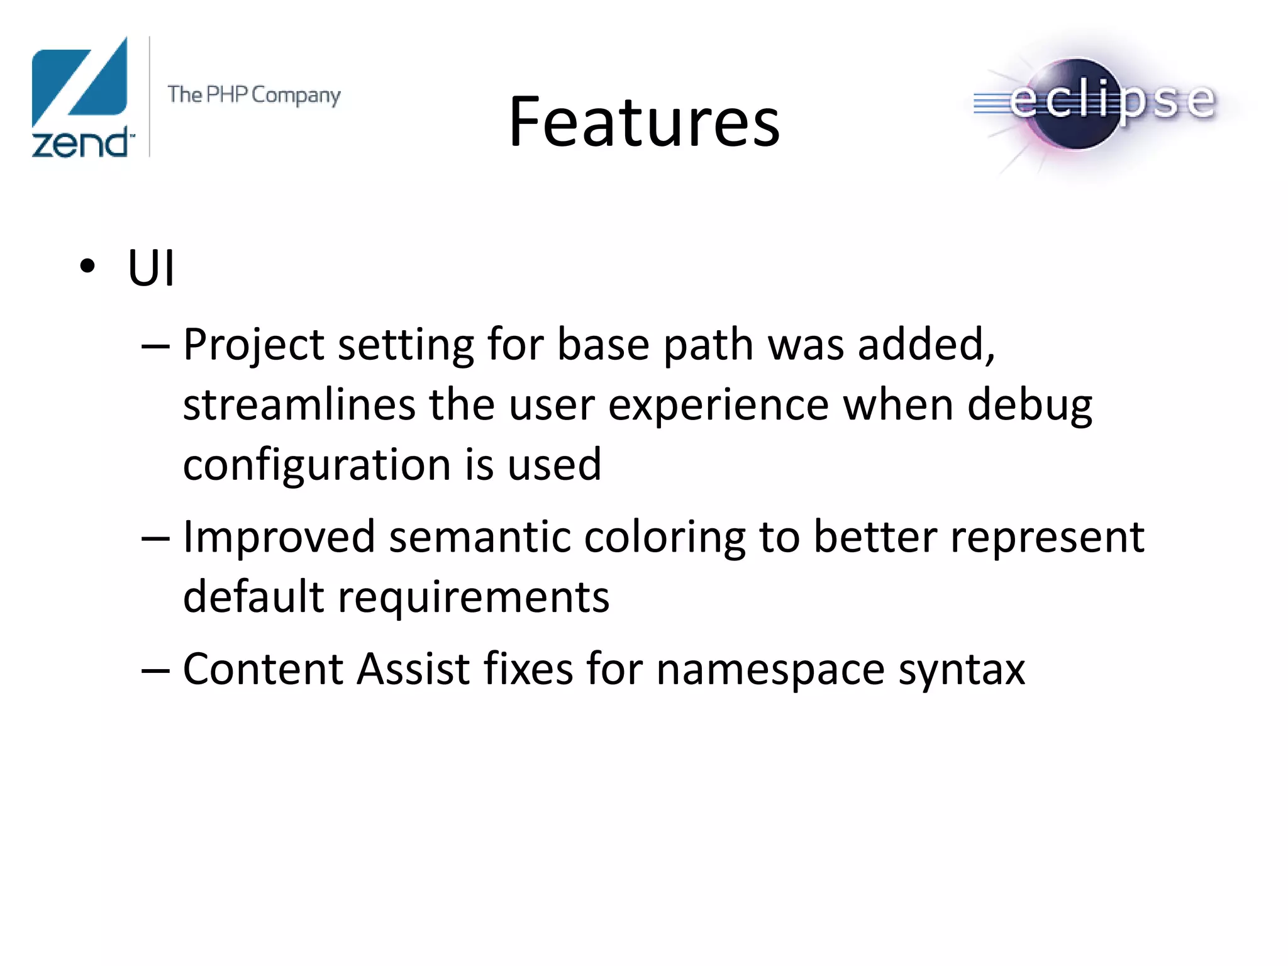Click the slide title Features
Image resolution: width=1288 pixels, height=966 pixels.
click(x=644, y=122)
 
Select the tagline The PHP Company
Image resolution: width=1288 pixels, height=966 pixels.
click(x=254, y=95)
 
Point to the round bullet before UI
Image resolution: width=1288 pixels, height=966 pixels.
click(x=87, y=266)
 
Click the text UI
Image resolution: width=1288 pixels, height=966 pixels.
click(x=151, y=268)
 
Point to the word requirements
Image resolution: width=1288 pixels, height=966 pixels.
click(x=473, y=597)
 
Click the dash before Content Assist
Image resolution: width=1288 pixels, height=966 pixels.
click(x=155, y=670)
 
